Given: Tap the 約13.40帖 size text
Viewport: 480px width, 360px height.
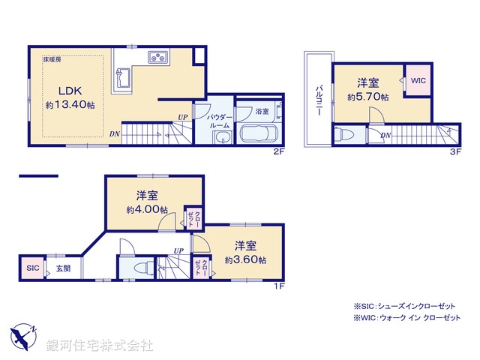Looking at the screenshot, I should (70, 106).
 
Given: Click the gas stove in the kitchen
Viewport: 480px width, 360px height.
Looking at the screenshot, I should (160, 58).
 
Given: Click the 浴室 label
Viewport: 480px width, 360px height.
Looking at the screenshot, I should (262, 110).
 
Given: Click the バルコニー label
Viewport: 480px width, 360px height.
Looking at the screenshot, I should (318, 99).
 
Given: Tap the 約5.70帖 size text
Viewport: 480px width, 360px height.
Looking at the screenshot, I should (367, 97).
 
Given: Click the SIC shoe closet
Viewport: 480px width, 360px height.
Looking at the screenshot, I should (32, 268).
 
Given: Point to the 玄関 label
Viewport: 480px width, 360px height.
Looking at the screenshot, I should (62, 268).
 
